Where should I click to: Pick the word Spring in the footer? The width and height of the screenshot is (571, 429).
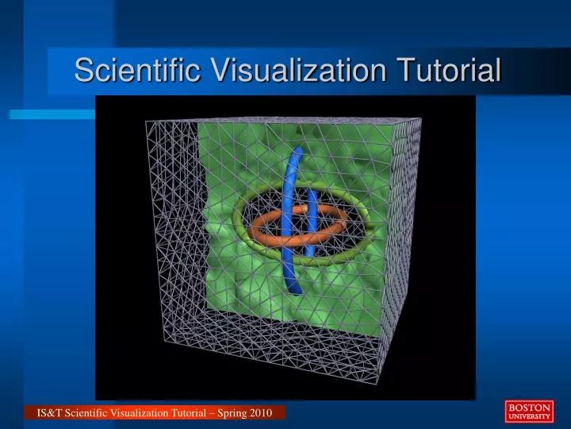(x=227, y=413)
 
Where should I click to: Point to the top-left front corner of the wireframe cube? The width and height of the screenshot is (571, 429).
(x=146, y=121)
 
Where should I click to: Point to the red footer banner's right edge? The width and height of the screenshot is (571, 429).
(x=285, y=413)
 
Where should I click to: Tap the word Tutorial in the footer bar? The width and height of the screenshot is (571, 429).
(x=184, y=413)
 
